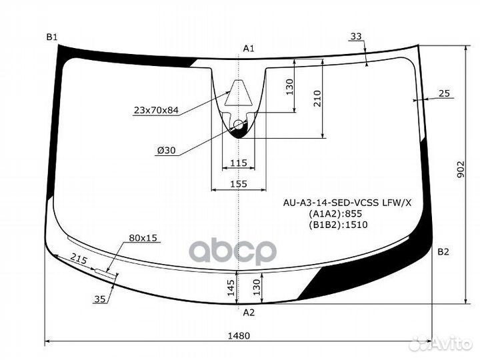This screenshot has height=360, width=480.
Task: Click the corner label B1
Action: pyautogui.click(x=52, y=37)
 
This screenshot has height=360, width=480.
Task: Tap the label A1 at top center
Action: pyautogui.click(x=248, y=48)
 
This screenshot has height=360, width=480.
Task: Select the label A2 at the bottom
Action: pyautogui.click(x=248, y=311)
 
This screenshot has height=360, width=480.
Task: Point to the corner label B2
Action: pyautogui.click(x=443, y=252)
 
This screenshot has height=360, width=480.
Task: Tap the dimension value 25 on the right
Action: pyautogui.click(x=445, y=94)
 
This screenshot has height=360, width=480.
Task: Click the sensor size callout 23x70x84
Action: pyautogui.click(x=156, y=110)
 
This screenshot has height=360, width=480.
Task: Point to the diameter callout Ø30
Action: pyautogui.click(x=166, y=151)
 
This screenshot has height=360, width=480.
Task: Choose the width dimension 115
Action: pyautogui.click(x=238, y=163)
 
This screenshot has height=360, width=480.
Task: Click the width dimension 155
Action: pyautogui.click(x=238, y=184)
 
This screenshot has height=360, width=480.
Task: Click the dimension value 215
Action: pyautogui.click(x=79, y=260)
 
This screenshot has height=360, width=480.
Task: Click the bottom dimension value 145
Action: pyautogui.click(x=231, y=287)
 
